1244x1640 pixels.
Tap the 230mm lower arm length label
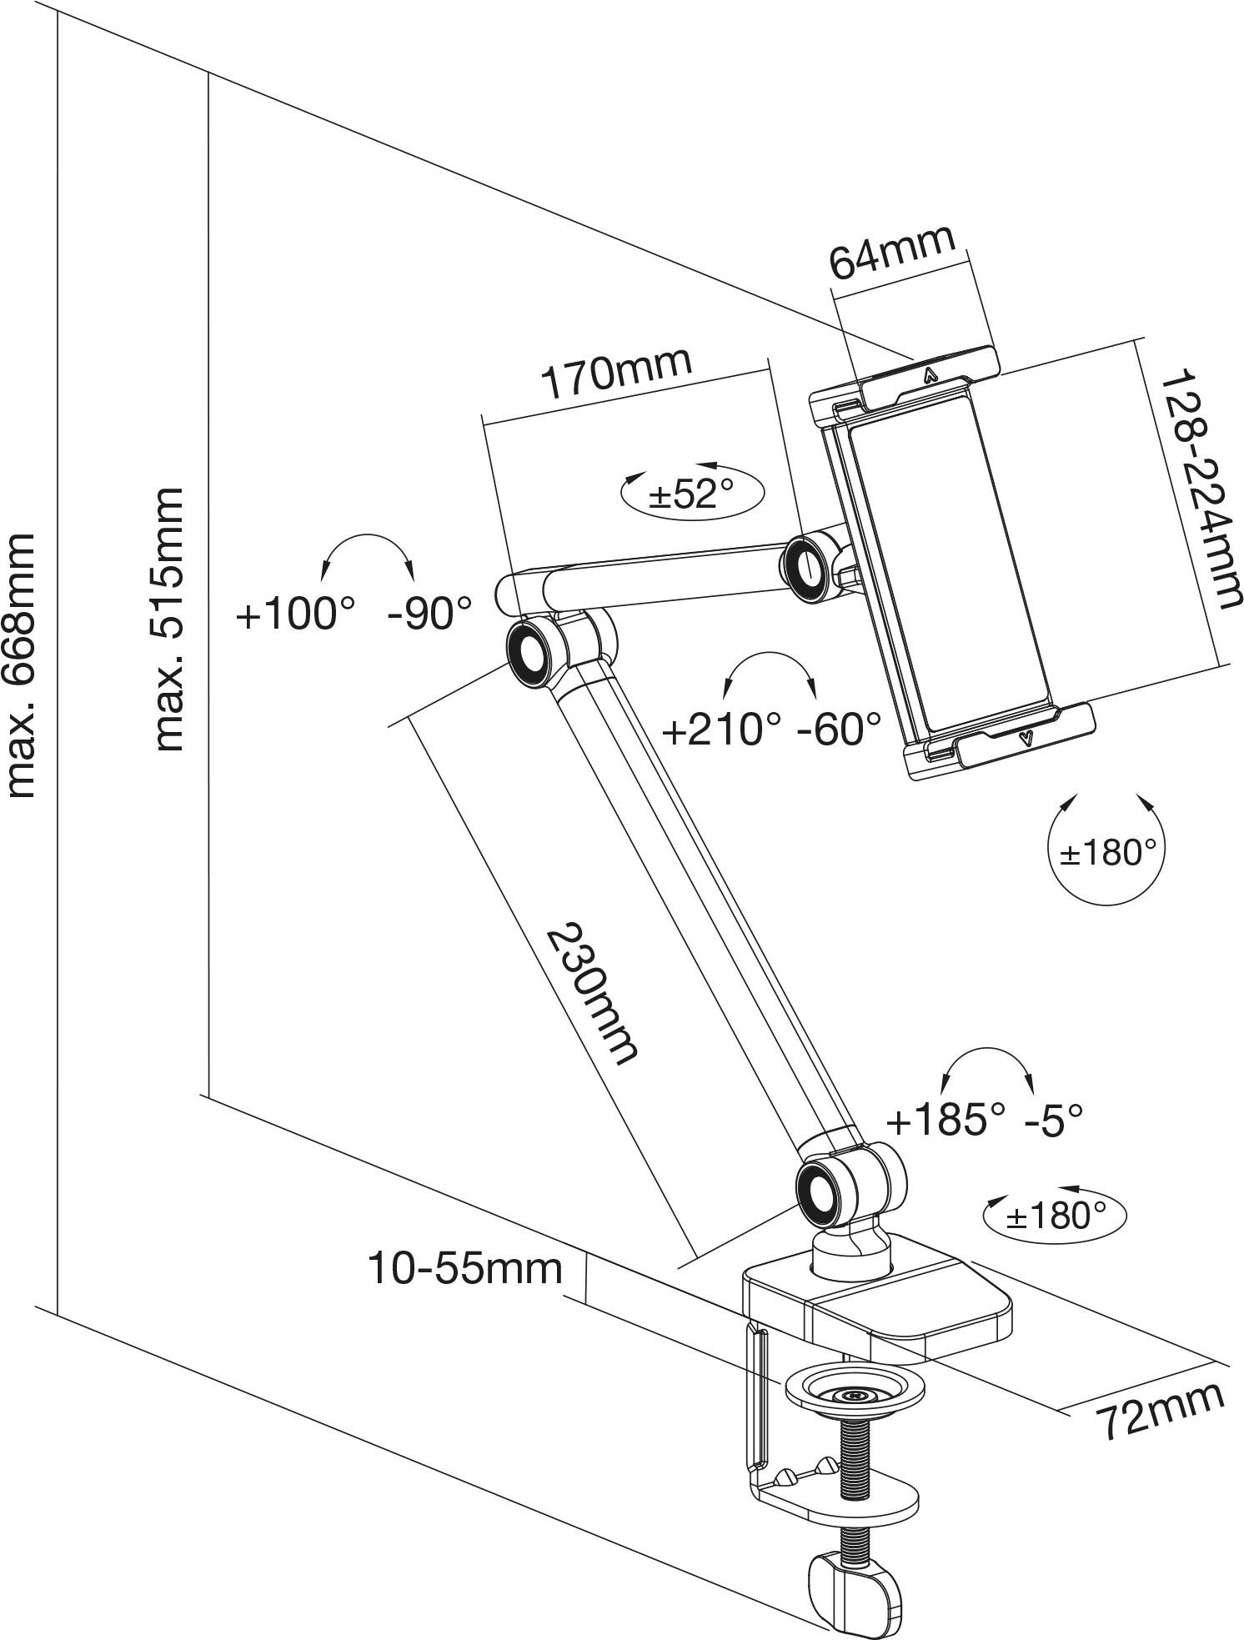(593, 993)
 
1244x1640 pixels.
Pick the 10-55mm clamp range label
(465, 1269)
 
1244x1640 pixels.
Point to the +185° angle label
(946, 1120)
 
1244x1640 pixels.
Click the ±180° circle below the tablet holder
(1106, 853)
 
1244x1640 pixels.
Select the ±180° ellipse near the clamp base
(1055, 1216)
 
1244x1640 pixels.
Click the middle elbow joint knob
(528, 653)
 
